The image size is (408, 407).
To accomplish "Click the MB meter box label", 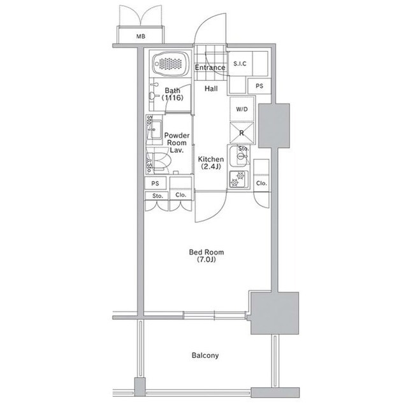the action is [141, 36].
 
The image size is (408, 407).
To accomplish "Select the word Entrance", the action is [210, 68].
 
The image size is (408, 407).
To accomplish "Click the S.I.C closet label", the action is [240, 64].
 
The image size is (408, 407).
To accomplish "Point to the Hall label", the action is [211, 89].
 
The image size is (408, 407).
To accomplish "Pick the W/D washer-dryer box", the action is [242, 109].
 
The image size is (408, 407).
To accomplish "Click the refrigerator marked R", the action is [242, 133].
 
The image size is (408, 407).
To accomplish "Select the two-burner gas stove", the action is [238, 179].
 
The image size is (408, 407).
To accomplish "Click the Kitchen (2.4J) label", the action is [211, 162].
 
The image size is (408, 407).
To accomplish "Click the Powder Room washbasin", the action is [155, 130].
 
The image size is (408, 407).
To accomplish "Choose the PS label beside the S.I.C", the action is [259, 86].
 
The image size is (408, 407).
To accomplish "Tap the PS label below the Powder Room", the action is [155, 183].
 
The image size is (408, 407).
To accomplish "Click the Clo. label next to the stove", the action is [261, 183].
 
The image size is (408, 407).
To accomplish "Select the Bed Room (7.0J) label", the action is [207, 256].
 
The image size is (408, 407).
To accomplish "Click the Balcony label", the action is [205, 355].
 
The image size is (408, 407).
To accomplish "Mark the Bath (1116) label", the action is [172, 94].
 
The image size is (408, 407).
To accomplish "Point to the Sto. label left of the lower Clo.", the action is [157, 196].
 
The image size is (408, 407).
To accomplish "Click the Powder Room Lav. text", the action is [177, 143].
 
